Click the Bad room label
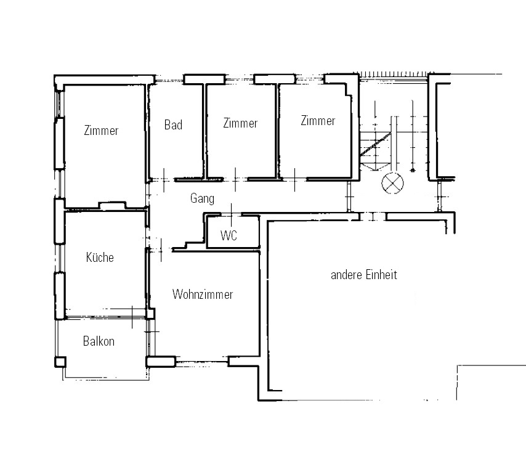pyautogui.click(x=173, y=125)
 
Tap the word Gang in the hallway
pyautogui.click(x=202, y=198)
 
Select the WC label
pyautogui.click(x=229, y=235)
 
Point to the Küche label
pyautogui.click(x=100, y=258)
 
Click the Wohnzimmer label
pyautogui.click(x=203, y=295)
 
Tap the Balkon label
pyautogui.click(x=99, y=341)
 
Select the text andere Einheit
pyautogui.click(x=364, y=275)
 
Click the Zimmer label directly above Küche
pyautogui.click(x=101, y=131)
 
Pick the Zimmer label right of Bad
pyautogui.click(x=240, y=123)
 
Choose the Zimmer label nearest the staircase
pyautogui.click(x=318, y=121)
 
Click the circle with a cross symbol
pyautogui.click(x=392, y=183)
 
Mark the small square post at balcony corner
pyautogui.click(x=60, y=362)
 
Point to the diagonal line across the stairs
pyautogui.click(x=376, y=144)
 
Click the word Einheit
pyautogui.click(x=381, y=275)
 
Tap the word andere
pyautogui.click(x=346, y=275)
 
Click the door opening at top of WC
pyautogui.click(x=231, y=214)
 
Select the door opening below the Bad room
pyautogui.click(x=163, y=180)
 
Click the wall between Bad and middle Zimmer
pyautogui.click(x=204, y=131)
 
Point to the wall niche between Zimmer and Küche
pyautogui.click(x=112, y=205)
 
